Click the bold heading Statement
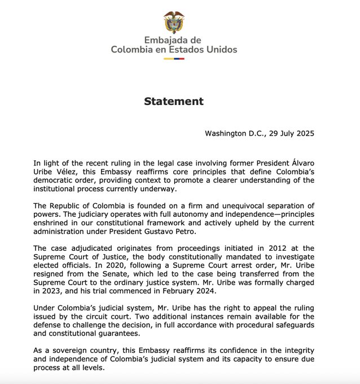coord(173,102)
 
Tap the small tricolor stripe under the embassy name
coord(174,58)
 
